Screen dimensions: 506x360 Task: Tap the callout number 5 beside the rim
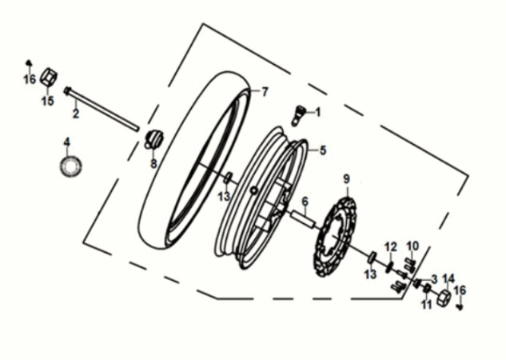point(323,150)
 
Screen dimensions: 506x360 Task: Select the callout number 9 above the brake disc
point(346,178)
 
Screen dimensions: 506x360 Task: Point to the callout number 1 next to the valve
point(317,113)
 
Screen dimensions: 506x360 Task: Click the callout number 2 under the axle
point(76,114)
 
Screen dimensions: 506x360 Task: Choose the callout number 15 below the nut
point(47,101)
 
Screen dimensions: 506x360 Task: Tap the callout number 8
point(154,163)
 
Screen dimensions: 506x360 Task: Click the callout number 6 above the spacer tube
point(304,201)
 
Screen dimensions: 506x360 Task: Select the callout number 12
point(391,246)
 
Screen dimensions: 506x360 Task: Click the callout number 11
point(426,305)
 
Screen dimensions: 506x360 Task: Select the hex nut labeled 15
point(47,78)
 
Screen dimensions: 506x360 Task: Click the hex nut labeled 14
point(442,300)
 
